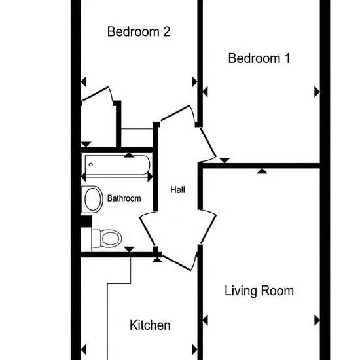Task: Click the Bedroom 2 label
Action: (x=139, y=31)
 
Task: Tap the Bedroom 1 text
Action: (x=259, y=58)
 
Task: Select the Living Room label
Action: (x=259, y=291)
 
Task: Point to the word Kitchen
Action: (x=150, y=325)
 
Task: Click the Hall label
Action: (x=177, y=190)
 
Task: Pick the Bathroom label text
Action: (x=124, y=198)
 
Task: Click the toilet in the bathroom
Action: (x=107, y=238)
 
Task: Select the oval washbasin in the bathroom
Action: (x=92, y=199)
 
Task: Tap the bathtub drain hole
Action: (x=91, y=164)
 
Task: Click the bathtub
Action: (x=117, y=165)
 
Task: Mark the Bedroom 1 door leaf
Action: (x=208, y=143)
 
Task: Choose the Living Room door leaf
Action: (x=208, y=229)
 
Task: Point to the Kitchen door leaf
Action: (x=177, y=263)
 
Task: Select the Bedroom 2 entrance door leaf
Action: (x=175, y=113)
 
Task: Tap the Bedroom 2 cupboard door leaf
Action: (x=96, y=94)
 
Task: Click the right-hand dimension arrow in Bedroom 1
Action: (x=317, y=92)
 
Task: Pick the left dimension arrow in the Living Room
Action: (x=206, y=320)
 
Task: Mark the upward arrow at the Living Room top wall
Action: (x=262, y=171)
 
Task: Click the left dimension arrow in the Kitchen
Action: (x=84, y=350)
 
